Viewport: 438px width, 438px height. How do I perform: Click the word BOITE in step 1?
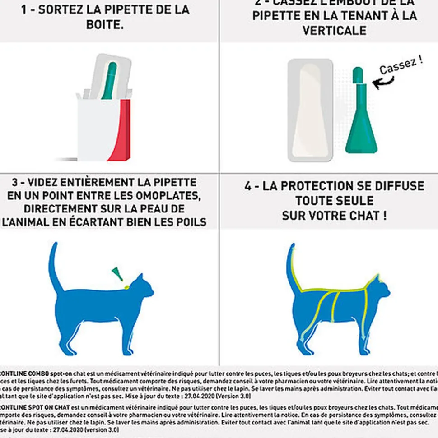pyautogui.click(x=105, y=24)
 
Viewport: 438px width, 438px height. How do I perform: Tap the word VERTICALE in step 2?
pyautogui.click(x=335, y=31)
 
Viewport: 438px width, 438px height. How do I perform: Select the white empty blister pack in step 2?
pyautogui.click(x=310, y=110)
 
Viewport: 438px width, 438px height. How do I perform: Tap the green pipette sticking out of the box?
pyautogui.click(x=110, y=81)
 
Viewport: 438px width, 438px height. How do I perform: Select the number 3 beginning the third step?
pyautogui.click(x=15, y=183)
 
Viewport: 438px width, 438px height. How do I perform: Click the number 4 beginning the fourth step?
pyautogui.click(x=248, y=186)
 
